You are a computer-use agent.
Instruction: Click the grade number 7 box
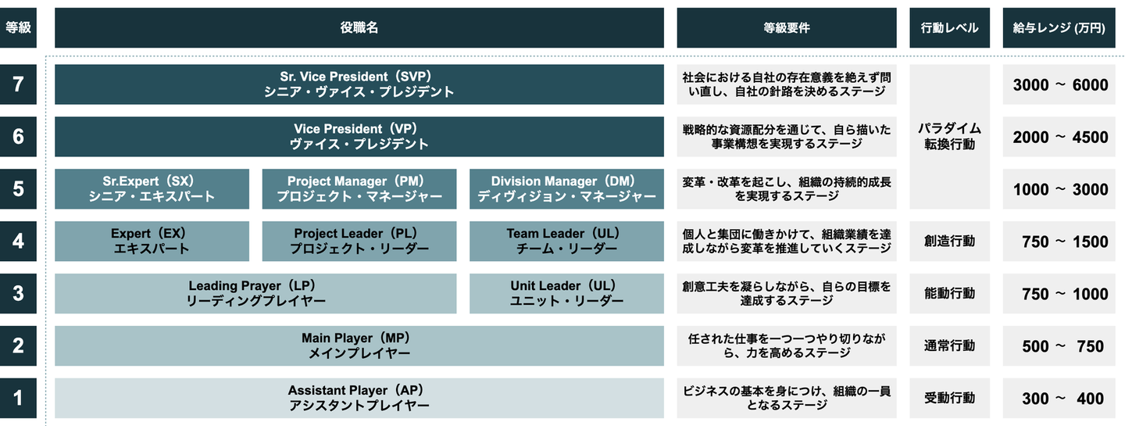[x=17, y=84]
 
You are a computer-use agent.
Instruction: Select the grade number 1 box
[x=17, y=398]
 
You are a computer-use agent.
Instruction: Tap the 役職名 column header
[x=359, y=27]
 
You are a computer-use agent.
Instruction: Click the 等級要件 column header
[x=786, y=27]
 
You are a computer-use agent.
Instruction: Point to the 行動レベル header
[x=949, y=27]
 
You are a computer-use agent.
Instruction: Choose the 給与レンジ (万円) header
[x=1059, y=27]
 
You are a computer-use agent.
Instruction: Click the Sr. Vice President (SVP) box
[x=359, y=84]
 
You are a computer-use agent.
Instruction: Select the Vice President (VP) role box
[x=359, y=137]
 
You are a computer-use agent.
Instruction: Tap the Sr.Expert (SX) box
[x=152, y=189]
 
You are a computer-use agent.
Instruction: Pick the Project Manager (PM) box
[x=359, y=189]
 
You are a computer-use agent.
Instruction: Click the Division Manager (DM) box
[x=566, y=189]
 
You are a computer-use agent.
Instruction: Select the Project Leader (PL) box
[x=359, y=242]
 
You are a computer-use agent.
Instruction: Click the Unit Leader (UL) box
[x=566, y=293]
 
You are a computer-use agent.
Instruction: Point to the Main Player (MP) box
[x=359, y=345]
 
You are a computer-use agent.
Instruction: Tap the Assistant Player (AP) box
[x=359, y=398]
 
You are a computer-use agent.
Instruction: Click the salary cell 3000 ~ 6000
[x=1059, y=84]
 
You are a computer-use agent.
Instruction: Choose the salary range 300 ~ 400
[x=1059, y=398]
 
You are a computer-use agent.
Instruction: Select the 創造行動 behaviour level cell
[x=949, y=242]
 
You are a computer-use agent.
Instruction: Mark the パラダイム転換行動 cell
[x=949, y=137]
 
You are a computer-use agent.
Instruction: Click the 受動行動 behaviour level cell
[x=949, y=398]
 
